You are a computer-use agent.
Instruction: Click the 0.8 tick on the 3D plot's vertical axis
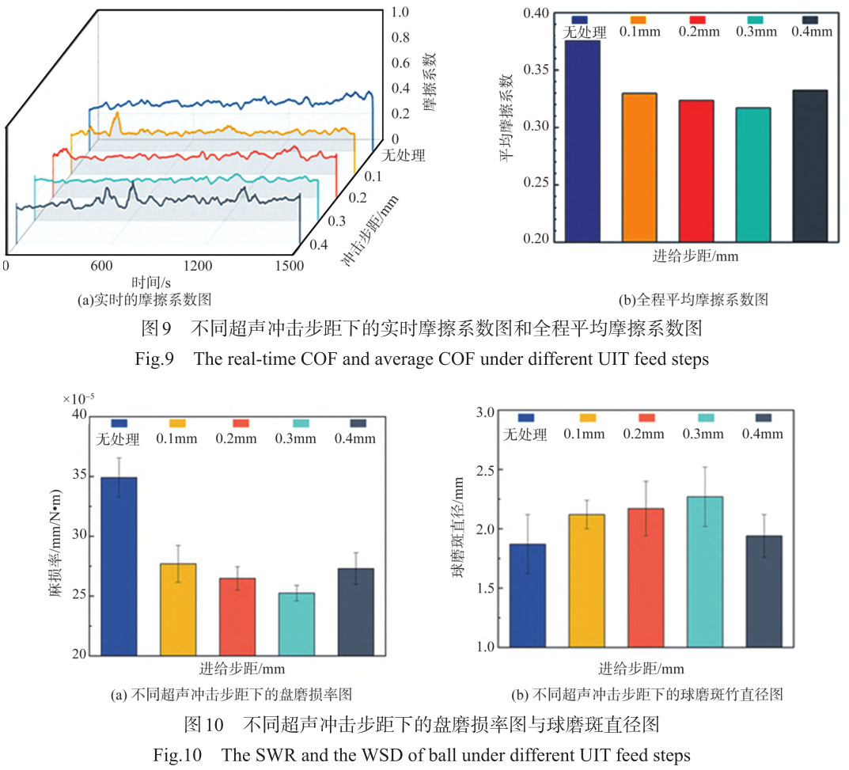coord(400,37)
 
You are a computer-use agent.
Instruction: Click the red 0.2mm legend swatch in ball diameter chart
coord(646,418)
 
